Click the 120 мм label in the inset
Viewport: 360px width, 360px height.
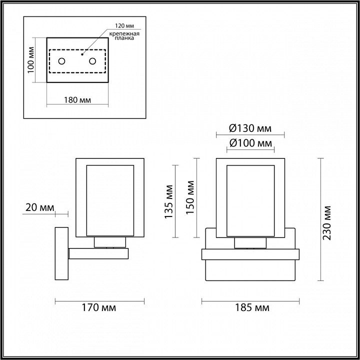124,25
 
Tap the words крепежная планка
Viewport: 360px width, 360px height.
124,36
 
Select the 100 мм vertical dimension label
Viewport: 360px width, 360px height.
31,60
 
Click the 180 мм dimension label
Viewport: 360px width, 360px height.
77,100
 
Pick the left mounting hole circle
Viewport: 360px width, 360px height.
62,61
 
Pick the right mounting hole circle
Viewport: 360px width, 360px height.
92,61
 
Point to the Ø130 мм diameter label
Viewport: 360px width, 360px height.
250,128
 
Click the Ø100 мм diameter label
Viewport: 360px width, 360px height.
250,143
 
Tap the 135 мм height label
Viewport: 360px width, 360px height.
169,202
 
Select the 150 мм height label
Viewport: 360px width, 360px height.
190,197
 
